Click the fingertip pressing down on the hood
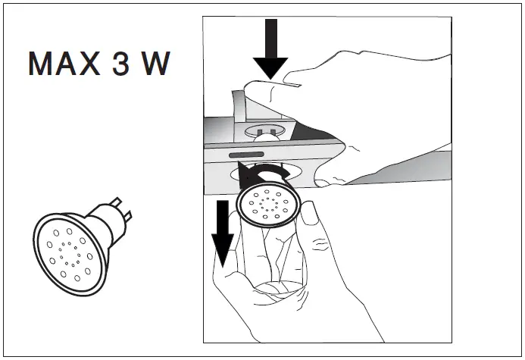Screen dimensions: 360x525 click(261, 92)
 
